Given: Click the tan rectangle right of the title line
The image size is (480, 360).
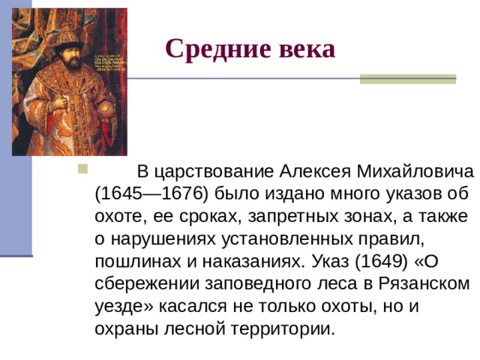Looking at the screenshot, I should point(407,79).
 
